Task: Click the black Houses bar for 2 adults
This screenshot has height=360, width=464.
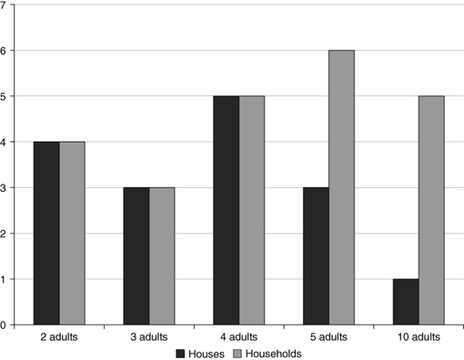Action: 46,233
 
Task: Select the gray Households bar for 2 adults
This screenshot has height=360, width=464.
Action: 73,233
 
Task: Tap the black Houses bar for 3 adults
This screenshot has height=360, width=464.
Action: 136,255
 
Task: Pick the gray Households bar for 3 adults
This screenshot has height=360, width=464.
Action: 162,255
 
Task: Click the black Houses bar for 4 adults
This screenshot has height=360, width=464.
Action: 226,210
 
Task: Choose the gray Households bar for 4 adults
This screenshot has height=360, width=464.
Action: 252,210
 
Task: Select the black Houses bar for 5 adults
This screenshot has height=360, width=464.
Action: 315,255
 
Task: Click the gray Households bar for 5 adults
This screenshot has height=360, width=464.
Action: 341,187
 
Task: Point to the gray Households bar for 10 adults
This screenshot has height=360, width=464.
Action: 431,210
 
